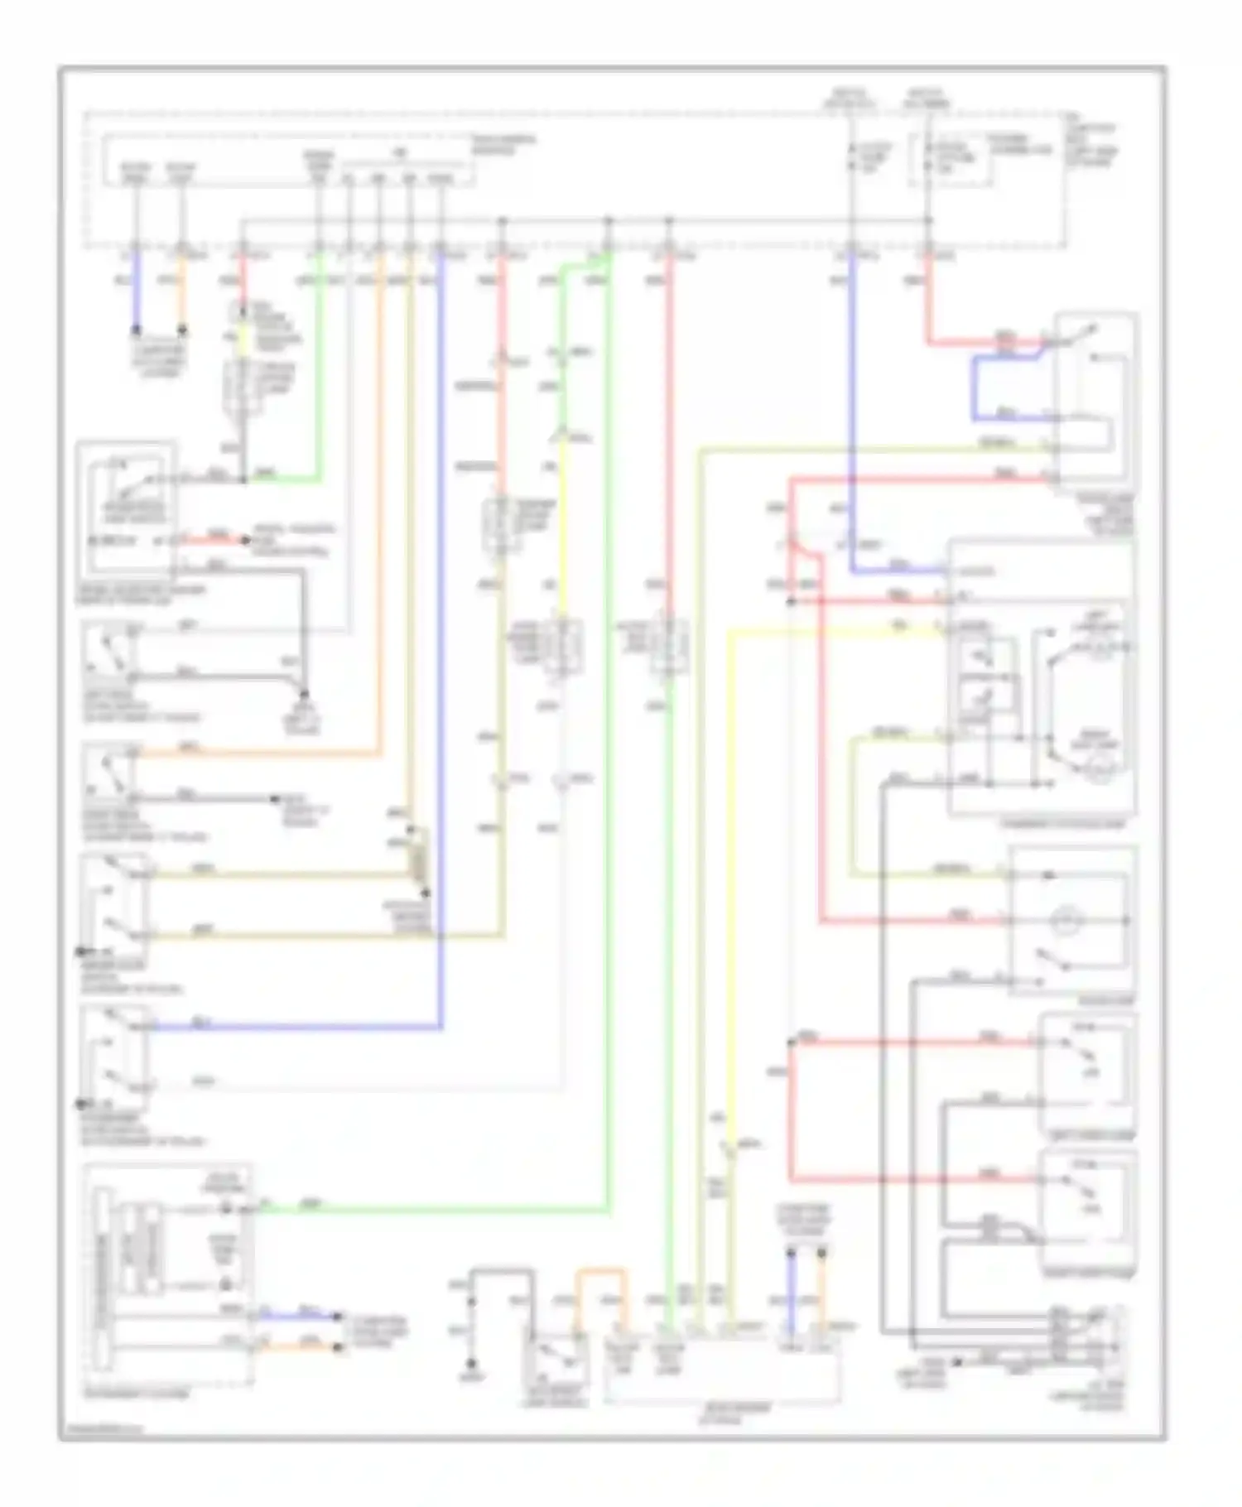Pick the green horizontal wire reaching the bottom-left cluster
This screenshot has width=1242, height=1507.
point(431,1210)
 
